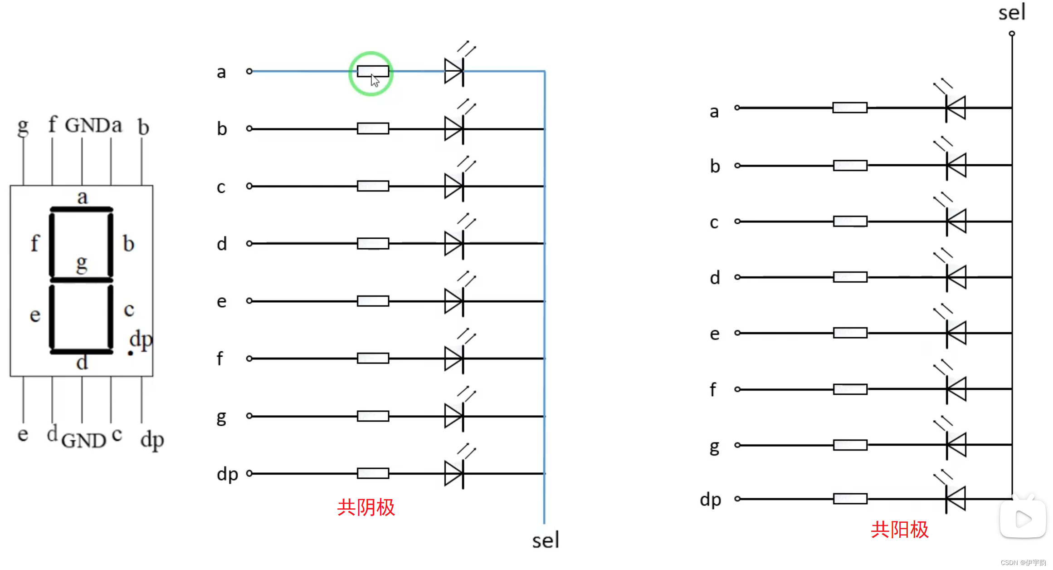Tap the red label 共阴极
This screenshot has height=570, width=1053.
point(366,507)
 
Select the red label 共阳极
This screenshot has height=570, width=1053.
point(900,530)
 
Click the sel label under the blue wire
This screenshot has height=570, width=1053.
point(546,541)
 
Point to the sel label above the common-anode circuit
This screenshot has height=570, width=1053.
point(1012,13)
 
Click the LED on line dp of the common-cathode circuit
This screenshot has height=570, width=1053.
point(454,473)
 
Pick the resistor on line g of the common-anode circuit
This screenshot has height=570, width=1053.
point(850,445)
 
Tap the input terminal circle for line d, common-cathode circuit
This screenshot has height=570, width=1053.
point(249,244)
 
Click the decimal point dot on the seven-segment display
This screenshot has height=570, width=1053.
point(131,353)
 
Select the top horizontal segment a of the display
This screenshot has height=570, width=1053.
point(82,209)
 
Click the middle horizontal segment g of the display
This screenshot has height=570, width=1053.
point(82,280)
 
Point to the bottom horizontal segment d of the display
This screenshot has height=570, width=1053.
point(82,351)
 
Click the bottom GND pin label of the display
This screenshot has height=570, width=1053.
point(84,441)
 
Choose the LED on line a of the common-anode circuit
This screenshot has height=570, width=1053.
point(955,108)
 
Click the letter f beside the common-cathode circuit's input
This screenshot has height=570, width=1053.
point(220,359)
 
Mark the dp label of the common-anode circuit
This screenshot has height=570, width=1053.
point(711,500)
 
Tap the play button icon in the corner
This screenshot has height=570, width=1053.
point(1023,519)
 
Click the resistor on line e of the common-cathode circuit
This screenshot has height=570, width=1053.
point(373,301)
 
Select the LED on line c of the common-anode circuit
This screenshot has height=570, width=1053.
point(956,221)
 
